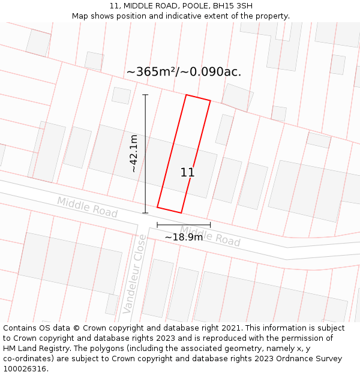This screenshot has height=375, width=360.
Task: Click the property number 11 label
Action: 187,173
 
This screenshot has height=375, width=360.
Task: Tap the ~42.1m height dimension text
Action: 134,154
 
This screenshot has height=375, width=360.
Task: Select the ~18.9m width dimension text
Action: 184,237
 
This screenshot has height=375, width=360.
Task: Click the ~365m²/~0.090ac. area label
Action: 184,71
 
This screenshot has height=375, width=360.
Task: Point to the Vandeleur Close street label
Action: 134,274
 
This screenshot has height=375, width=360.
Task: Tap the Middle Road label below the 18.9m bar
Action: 210,236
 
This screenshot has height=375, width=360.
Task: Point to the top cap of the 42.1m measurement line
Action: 145,95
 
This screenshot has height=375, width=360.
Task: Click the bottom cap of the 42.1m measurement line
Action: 145,212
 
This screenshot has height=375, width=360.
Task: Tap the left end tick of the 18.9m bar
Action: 157,225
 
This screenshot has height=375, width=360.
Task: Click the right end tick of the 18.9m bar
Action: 210,225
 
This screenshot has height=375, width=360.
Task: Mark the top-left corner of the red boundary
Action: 186,95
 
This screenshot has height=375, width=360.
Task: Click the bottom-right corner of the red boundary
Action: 181,212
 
